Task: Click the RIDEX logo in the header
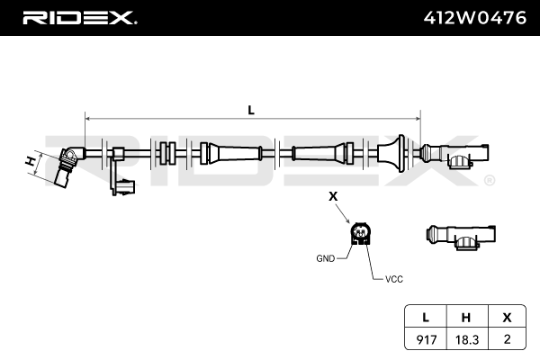[x=79, y=17]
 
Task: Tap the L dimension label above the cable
[x=251, y=109]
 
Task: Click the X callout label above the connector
[x=333, y=195]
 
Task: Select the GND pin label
[x=325, y=258]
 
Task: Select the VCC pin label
[x=393, y=279]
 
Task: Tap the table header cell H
[x=465, y=318]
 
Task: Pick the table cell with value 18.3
[x=465, y=339]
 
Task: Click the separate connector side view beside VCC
[x=459, y=236]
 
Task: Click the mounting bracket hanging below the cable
[x=120, y=176]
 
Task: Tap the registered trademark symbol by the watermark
[x=489, y=180]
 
